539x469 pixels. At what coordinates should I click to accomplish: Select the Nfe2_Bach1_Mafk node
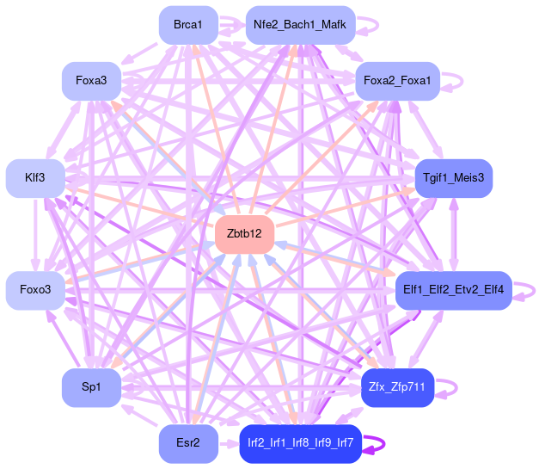[299, 26]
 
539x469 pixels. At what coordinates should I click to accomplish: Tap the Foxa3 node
[91, 81]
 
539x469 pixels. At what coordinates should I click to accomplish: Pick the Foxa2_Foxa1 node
[397, 81]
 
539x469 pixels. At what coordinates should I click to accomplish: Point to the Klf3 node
[34, 178]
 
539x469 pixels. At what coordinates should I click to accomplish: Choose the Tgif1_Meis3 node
[454, 178]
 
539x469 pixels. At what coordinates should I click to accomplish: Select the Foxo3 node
[34, 290]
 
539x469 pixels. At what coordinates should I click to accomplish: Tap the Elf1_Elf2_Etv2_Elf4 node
[453, 290]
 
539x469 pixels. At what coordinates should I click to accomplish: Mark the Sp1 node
[91, 388]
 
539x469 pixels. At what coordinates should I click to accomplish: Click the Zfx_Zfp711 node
[397, 387]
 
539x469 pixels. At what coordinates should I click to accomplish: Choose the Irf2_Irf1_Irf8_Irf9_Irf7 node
[299, 443]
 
